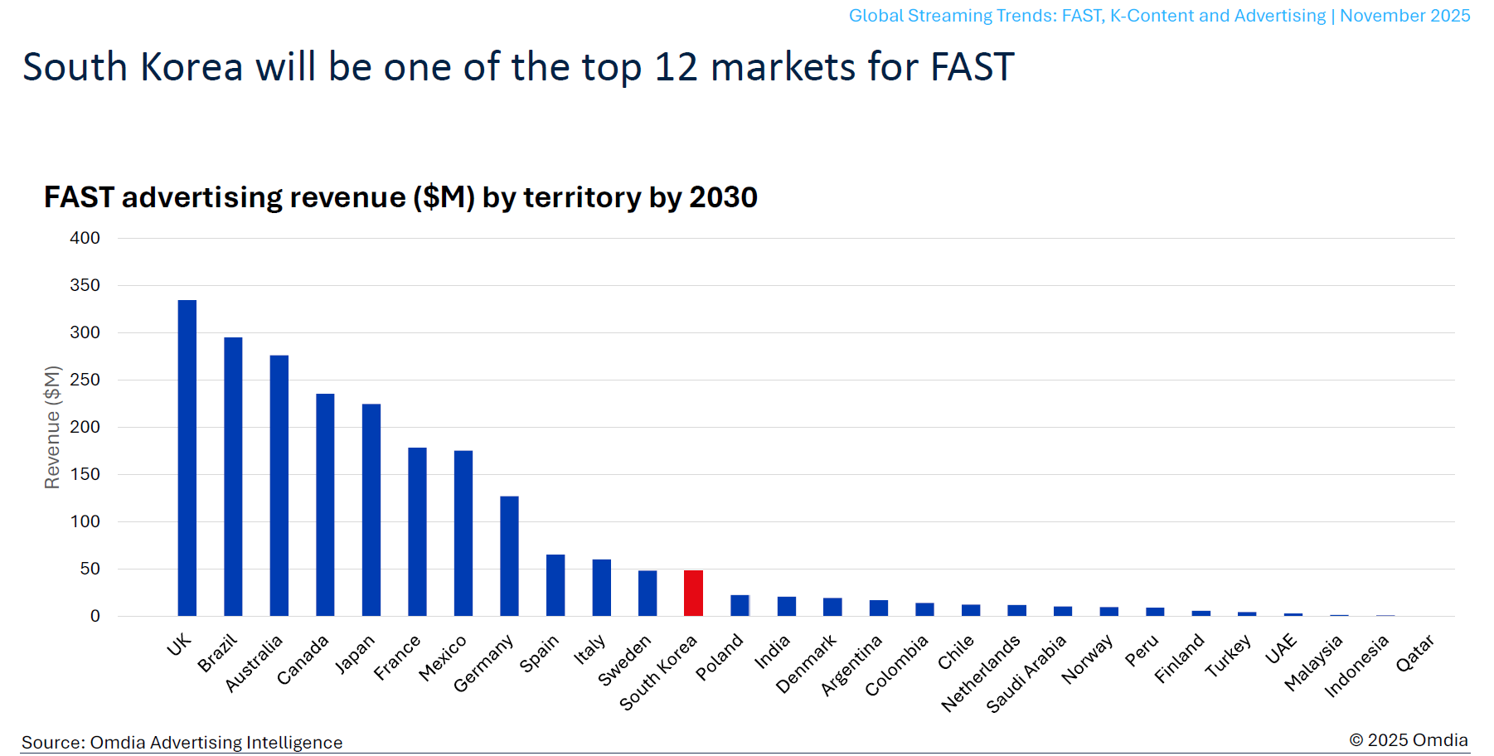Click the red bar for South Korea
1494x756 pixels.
(x=693, y=593)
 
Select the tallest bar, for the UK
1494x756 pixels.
(x=187, y=458)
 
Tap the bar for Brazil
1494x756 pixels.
(x=233, y=476)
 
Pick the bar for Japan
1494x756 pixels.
(x=371, y=509)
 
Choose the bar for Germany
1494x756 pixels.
(x=509, y=555)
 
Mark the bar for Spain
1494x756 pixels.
(x=555, y=584)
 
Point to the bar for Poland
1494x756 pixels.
(x=740, y=605)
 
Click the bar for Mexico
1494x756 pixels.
(x=463, y=532)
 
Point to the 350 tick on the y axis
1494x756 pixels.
(x=85, y=285)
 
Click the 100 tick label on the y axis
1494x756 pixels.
(x=85, y=521)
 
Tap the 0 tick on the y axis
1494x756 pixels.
(x=95, y=616)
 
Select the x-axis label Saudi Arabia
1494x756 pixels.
(x=1026, y=674)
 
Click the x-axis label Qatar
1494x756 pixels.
(x=1414, y=653)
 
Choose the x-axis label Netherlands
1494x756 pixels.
(x=981, y=673)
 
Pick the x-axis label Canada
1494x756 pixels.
(x=303, y=660)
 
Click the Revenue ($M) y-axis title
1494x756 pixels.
(x=52, y=427)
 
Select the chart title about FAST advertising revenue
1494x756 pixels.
(x=400, y=197)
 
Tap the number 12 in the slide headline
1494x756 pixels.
(x=676, y=67)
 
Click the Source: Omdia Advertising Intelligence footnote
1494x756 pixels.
(x=182, y=742)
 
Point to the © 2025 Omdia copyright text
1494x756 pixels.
(x=1408, y=739)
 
